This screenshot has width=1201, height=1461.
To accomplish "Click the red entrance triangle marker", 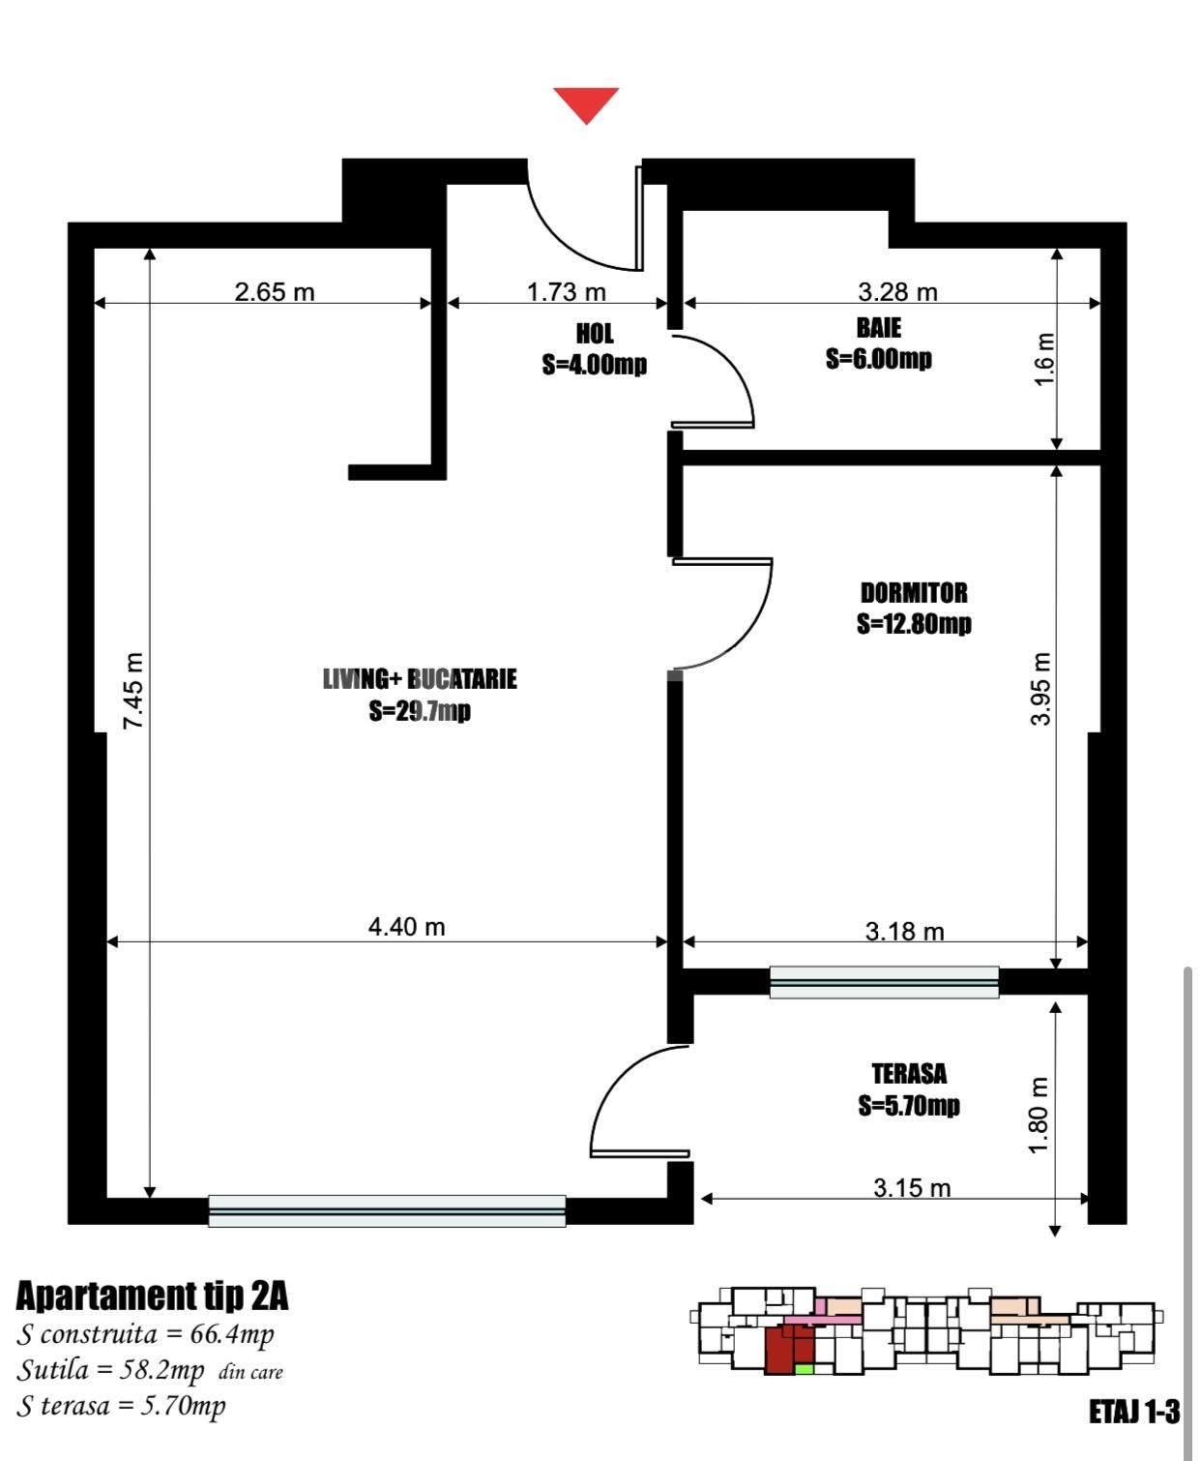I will click(586, 103).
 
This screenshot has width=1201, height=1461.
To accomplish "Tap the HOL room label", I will click(594, 334).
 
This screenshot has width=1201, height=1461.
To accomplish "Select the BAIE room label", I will click(878, 328).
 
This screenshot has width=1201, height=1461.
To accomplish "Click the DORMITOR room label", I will click(914, 592).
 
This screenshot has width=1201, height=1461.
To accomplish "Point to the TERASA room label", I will click(909, 1074).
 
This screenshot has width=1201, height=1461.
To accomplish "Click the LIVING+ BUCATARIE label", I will click(420, 679).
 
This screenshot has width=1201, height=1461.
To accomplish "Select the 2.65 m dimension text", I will click(275, 291).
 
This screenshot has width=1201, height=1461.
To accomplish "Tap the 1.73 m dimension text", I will click(567, 291).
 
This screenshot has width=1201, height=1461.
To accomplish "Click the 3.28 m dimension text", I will click(897, 291).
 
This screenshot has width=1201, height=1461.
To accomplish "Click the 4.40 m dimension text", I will click(406, 927).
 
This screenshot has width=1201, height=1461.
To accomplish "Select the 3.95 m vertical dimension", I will click(1040, 689).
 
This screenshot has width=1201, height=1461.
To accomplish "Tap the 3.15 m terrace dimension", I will click(912, 1187).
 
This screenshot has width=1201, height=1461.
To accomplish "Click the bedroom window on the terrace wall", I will click(884, 982).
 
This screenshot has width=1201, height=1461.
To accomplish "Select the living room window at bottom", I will click(387, 1210).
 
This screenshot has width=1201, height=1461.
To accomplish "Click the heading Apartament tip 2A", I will click(152, 1296).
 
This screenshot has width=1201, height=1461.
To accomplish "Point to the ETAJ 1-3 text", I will click(1134, 1412).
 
